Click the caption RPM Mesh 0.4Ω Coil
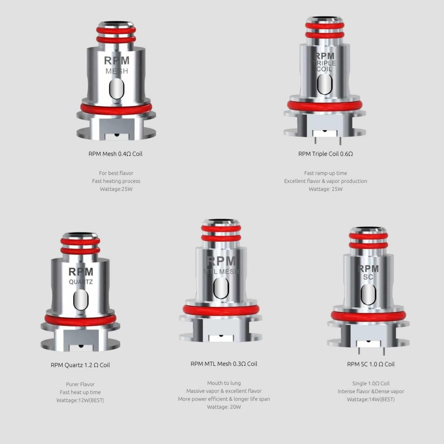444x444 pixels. tap(115, 154)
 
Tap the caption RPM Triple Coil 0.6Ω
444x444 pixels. tap(325, 154)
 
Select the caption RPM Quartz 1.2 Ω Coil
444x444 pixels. tap(80, 365)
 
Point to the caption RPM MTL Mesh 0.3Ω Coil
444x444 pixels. tap(224, 364)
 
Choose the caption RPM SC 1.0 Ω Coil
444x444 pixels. tap(371, 364)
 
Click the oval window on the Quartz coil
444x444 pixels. tap(81, 300)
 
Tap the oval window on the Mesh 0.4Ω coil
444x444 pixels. tap(117, 88)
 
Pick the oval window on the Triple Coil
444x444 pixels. tap(324, 84)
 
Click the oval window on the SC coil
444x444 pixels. tap(369, 294)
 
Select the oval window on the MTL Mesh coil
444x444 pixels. tap(221, 288)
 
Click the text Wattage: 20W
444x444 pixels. tap(224, 407)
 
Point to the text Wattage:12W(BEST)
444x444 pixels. tap(80, 400)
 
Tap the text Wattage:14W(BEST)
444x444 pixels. tap(371, 399)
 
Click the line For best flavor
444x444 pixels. tap(116, 173)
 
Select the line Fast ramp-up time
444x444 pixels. tap(325, 173)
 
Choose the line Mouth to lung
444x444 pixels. tap(224, 383)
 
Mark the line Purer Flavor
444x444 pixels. tap(80, 384)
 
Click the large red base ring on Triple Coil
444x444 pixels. tap(324, 106)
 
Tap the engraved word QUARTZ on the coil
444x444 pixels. tap(81, 282)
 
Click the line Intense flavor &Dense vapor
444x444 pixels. tap(371, 392)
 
